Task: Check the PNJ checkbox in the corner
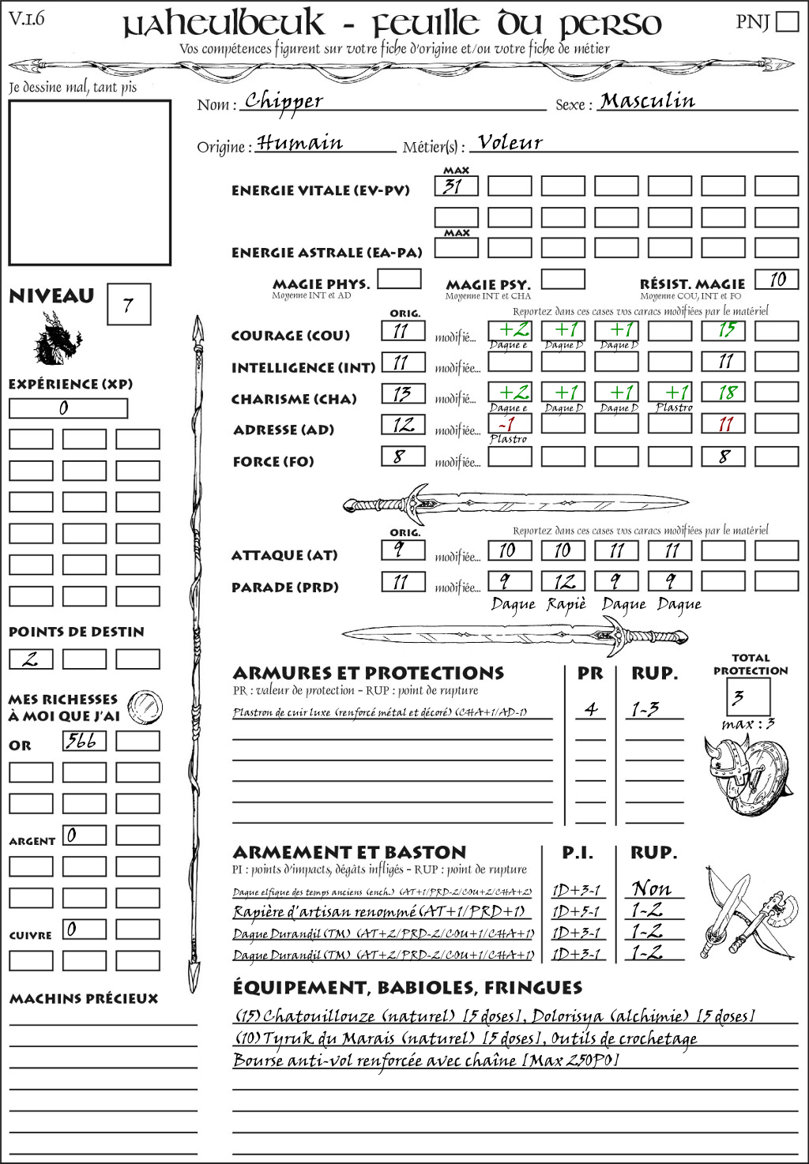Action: point(788,21)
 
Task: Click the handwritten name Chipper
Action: point(284,101)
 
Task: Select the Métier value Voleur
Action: point(510,143)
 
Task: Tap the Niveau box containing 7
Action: point(128,305)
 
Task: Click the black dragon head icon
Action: point(57,339)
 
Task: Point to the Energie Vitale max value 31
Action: point(456,187)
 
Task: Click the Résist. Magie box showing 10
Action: point(777,280)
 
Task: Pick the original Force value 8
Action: point(403,456)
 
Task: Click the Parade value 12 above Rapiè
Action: point(563,582)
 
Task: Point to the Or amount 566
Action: point(84,741)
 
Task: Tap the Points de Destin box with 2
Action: point(31,659)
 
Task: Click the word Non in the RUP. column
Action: point(652,889)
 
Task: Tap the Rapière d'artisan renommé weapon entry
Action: point(379,912)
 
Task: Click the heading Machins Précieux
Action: point(84,999)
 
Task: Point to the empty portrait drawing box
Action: point(89,182)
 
